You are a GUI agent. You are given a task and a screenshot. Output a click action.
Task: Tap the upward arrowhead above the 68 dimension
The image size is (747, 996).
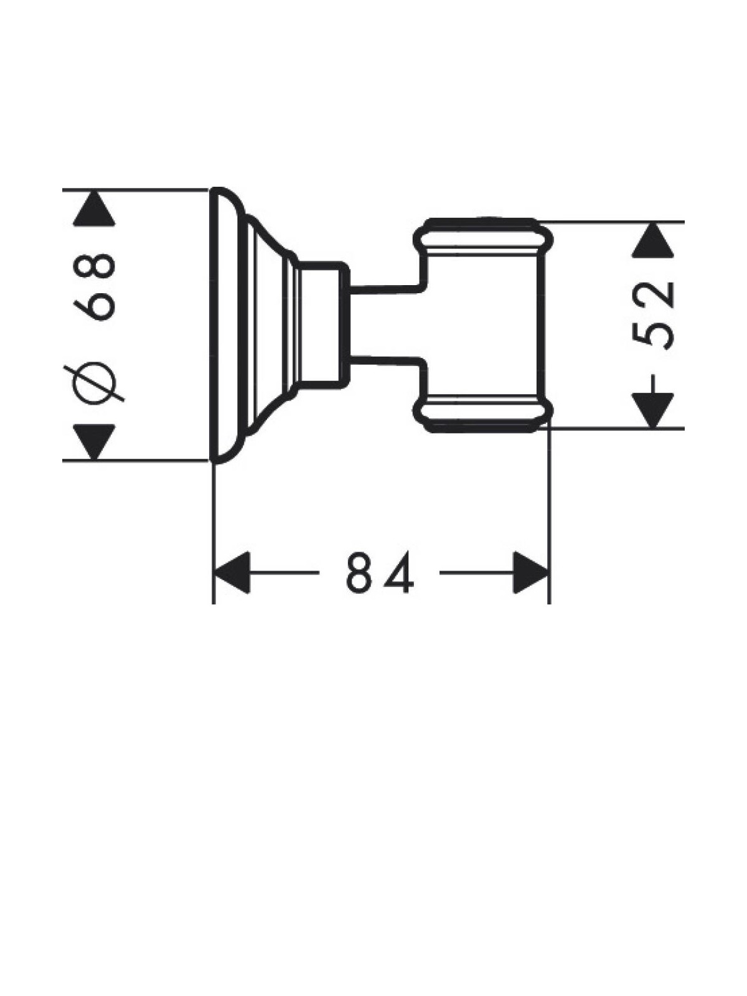[94, 207]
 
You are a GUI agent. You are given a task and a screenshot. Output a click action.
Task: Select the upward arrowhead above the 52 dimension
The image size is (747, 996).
[652, 238]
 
